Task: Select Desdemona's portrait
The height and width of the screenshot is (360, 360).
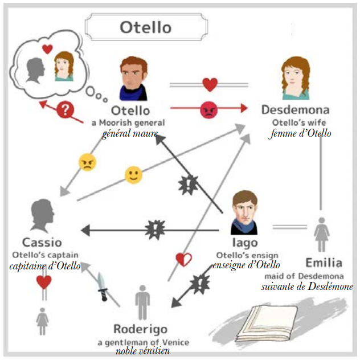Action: [x=295, y=78]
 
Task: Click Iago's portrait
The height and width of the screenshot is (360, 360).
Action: [x=244, y=212]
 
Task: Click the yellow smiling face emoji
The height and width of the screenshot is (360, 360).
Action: [x=133, y=175]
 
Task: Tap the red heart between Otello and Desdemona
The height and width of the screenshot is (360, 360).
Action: [x=210, y=85]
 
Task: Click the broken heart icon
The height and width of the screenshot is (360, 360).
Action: [x=183, y=260]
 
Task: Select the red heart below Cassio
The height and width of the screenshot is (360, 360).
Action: [x=44, y=281]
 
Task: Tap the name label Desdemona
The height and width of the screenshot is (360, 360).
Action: [x=295, y=109]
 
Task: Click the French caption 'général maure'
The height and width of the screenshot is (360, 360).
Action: [x=130, y=134]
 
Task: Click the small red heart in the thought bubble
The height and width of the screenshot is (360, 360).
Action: [x=47, y=48]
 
